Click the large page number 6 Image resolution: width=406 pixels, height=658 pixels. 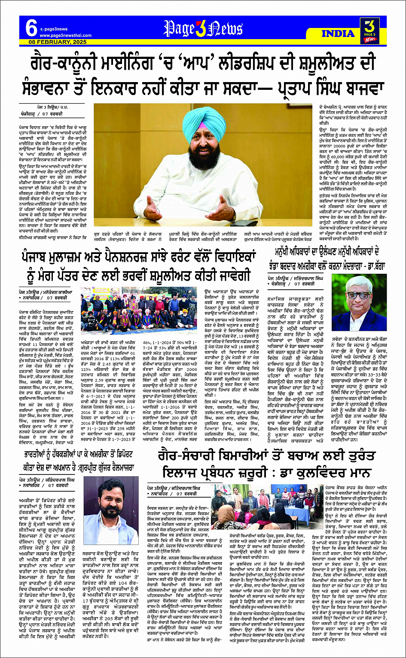31,29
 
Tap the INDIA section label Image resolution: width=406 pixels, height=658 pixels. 338,34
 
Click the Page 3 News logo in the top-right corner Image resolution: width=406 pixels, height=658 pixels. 368,30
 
